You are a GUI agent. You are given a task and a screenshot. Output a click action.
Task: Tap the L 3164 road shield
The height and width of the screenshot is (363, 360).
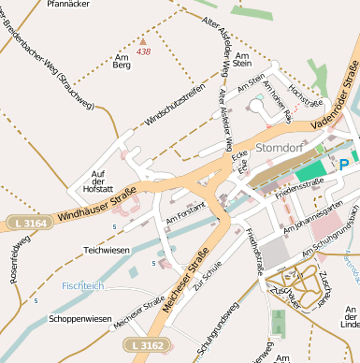(31, 222)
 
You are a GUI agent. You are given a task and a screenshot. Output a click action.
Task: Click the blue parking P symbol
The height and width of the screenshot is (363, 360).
(343, 164)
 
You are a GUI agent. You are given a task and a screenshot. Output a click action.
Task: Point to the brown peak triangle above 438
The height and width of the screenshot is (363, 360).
(142, 40)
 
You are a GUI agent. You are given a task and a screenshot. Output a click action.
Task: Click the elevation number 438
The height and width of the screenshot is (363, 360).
(143, 51)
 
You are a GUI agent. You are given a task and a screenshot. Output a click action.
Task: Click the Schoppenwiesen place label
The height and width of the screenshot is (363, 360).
(79, 319)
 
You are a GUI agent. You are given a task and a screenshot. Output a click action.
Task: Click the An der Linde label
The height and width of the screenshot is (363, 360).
(350, 315)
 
